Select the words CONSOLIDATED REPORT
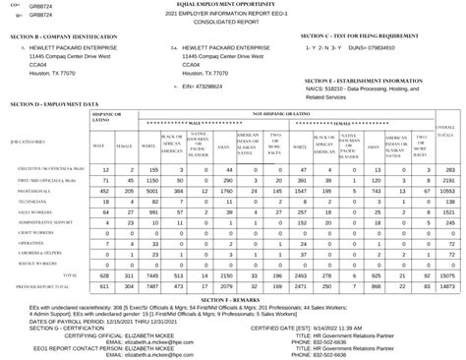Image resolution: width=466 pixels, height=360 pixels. tap(231, 24)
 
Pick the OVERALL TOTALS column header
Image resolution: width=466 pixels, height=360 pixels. tap(445, 130)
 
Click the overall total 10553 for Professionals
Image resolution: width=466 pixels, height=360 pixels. tap(445, 190)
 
